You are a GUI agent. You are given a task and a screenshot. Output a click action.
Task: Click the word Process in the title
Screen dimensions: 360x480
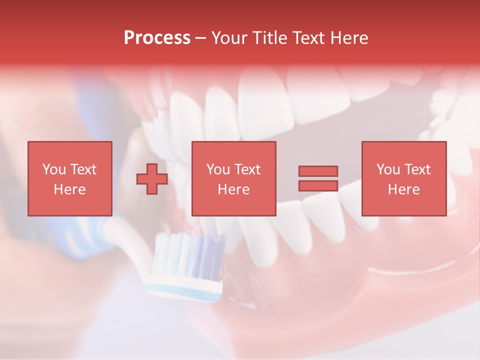point(157,38)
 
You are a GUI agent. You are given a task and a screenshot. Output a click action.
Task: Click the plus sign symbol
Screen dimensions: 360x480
point(152,178)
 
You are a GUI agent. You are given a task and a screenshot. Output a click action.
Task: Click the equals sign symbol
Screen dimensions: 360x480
point(318,178)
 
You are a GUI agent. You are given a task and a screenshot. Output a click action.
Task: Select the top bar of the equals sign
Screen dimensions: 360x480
point(318,171)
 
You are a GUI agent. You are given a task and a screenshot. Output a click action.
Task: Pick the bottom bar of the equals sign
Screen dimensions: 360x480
point(318,185)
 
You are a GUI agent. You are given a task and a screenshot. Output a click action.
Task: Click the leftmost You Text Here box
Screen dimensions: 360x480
point(70,178)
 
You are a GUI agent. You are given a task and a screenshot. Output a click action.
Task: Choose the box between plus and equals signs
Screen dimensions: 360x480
point(233,178)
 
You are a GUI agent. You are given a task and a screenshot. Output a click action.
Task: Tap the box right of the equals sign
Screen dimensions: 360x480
point(403,178)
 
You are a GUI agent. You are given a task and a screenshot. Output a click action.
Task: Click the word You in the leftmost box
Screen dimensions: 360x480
point(53,169)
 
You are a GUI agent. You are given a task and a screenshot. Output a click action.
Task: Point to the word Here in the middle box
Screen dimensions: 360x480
point(233,189)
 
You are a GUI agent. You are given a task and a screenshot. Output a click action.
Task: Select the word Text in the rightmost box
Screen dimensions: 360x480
point(416,169)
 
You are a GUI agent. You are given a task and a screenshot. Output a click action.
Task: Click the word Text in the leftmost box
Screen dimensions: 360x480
point(83,169)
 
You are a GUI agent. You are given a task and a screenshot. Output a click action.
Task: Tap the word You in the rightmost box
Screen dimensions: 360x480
point(388,169)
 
